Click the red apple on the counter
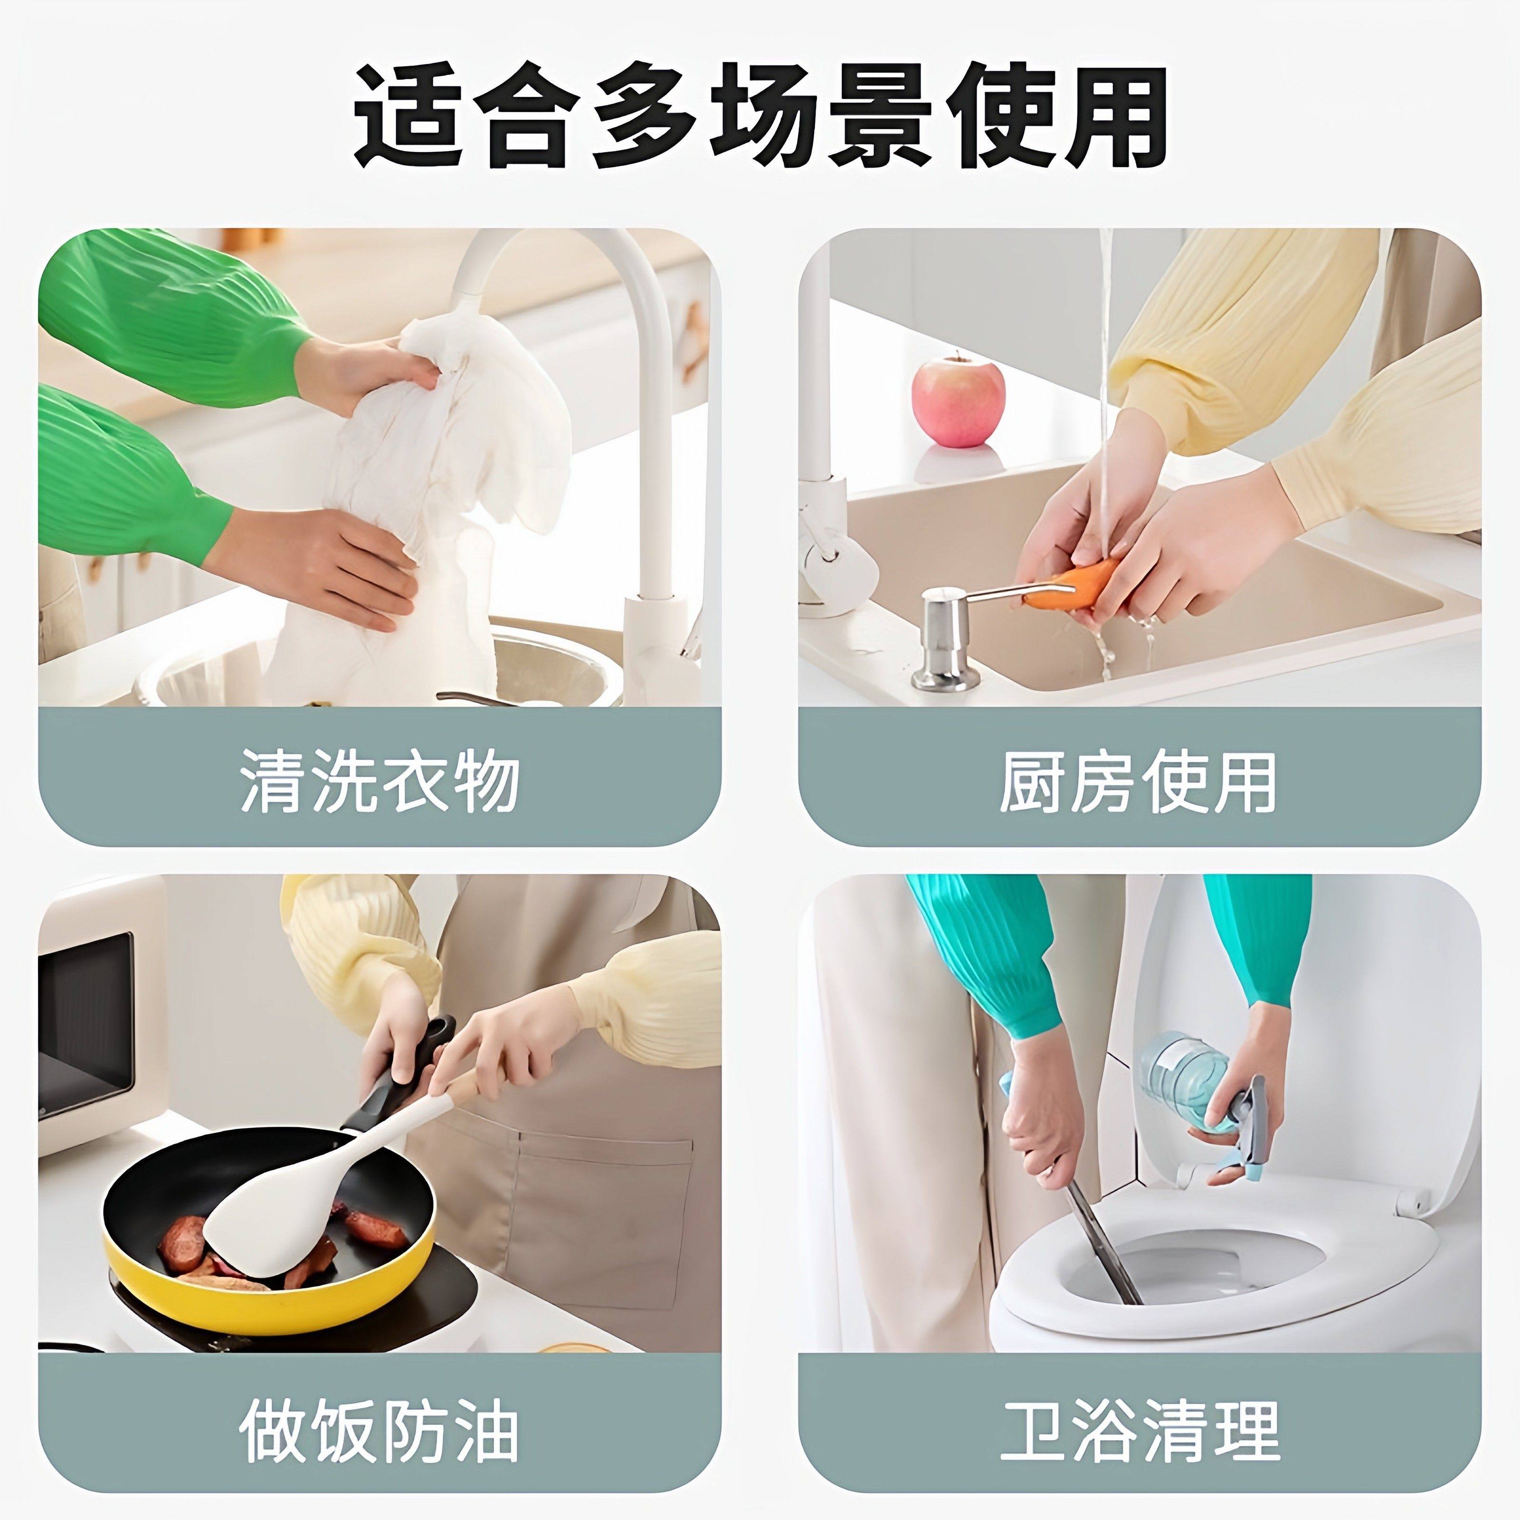958,399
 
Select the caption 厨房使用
1139,781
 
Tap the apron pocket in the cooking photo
606,1227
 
